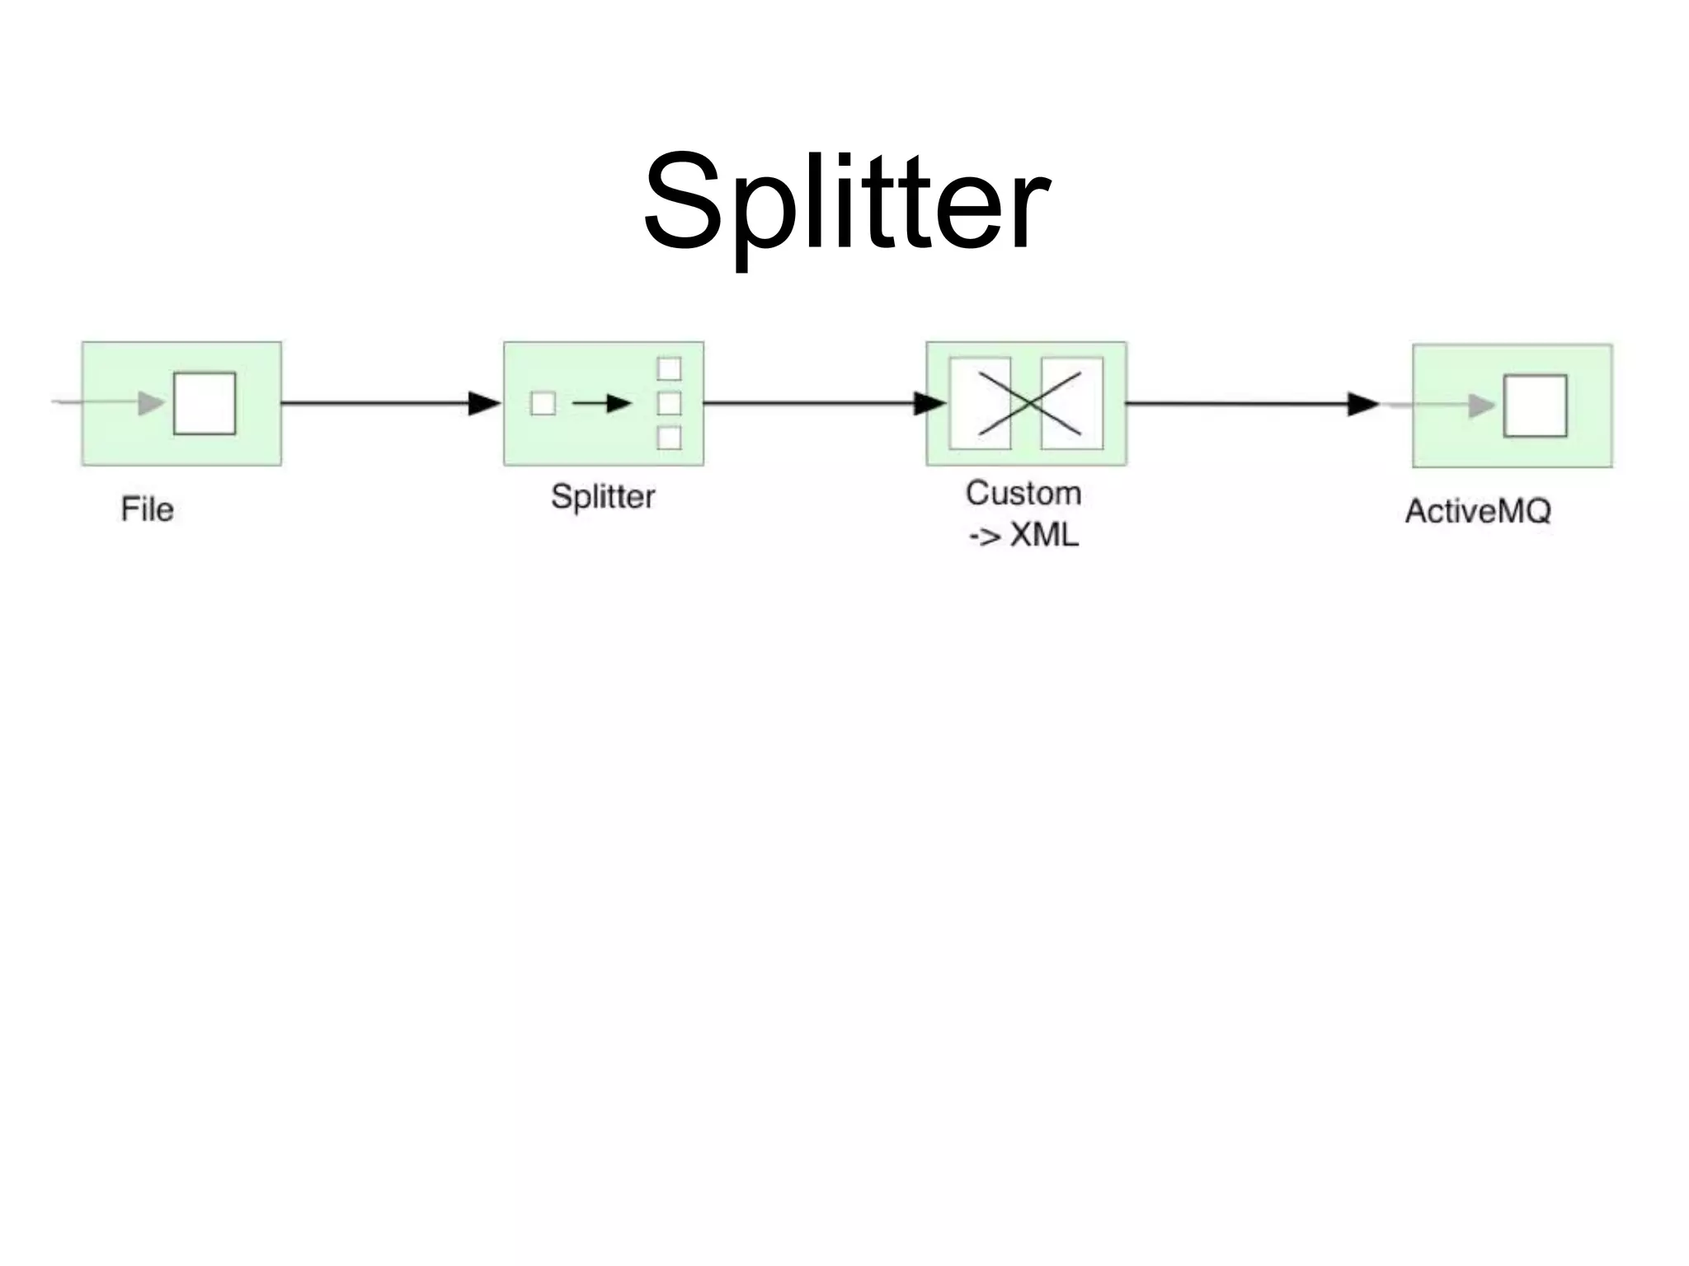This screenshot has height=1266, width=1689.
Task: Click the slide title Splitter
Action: point(846,202)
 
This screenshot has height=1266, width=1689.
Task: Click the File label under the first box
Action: point(147,509)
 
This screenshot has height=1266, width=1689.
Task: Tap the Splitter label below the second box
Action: point(603,497)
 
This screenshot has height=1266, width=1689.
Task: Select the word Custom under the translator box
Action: point(1023,494)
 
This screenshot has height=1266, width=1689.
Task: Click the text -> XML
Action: point(1023,536)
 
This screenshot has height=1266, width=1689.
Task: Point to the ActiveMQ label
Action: point(1478,512)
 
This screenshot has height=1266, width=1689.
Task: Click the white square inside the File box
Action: point(205,403)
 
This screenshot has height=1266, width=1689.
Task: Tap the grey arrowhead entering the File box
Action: point(151,403)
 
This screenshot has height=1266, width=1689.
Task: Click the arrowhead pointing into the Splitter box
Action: point(484,403)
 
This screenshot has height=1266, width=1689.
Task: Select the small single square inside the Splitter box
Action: point(543,404)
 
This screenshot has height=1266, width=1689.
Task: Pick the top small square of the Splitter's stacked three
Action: point(669,368)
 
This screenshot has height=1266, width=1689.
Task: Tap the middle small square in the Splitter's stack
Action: point(669,403)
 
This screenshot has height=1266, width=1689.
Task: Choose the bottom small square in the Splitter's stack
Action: point(669,438)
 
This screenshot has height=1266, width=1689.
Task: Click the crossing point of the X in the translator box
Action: point(1028,404)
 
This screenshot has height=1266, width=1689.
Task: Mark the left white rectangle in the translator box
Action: point(980,403)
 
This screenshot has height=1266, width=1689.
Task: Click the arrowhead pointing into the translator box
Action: point(929,403)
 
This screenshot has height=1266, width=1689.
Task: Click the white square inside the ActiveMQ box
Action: point(1535,406)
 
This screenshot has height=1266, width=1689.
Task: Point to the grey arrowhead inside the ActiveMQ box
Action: point(1481,406)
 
